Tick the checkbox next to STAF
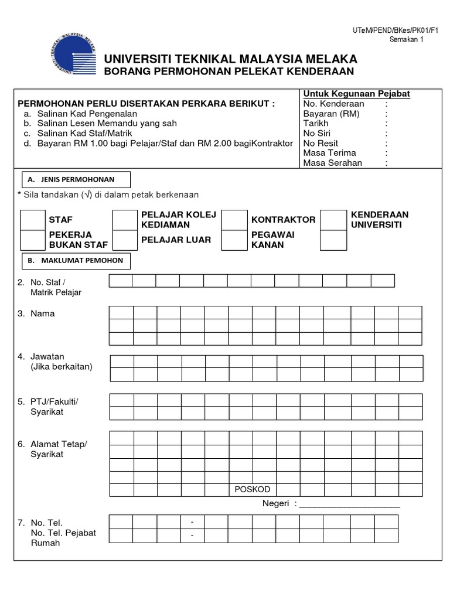[33, 220]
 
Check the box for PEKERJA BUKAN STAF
[33, 240]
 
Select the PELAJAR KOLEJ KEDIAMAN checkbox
[124, 220]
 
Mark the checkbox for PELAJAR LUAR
[124, 240]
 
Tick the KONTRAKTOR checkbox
[234, 220]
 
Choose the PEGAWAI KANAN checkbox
[234, 240]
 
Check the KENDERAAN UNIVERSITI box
[333, 220]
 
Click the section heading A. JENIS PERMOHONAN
[76, 179]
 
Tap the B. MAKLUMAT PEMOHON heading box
[76, 260]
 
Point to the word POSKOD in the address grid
[253, 489]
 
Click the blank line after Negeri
[349, 503]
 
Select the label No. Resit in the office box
[321, 143]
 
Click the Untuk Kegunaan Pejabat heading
[356, 94]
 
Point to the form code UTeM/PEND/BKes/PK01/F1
[387, 30]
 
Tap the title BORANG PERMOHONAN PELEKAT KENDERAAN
[229, 71]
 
